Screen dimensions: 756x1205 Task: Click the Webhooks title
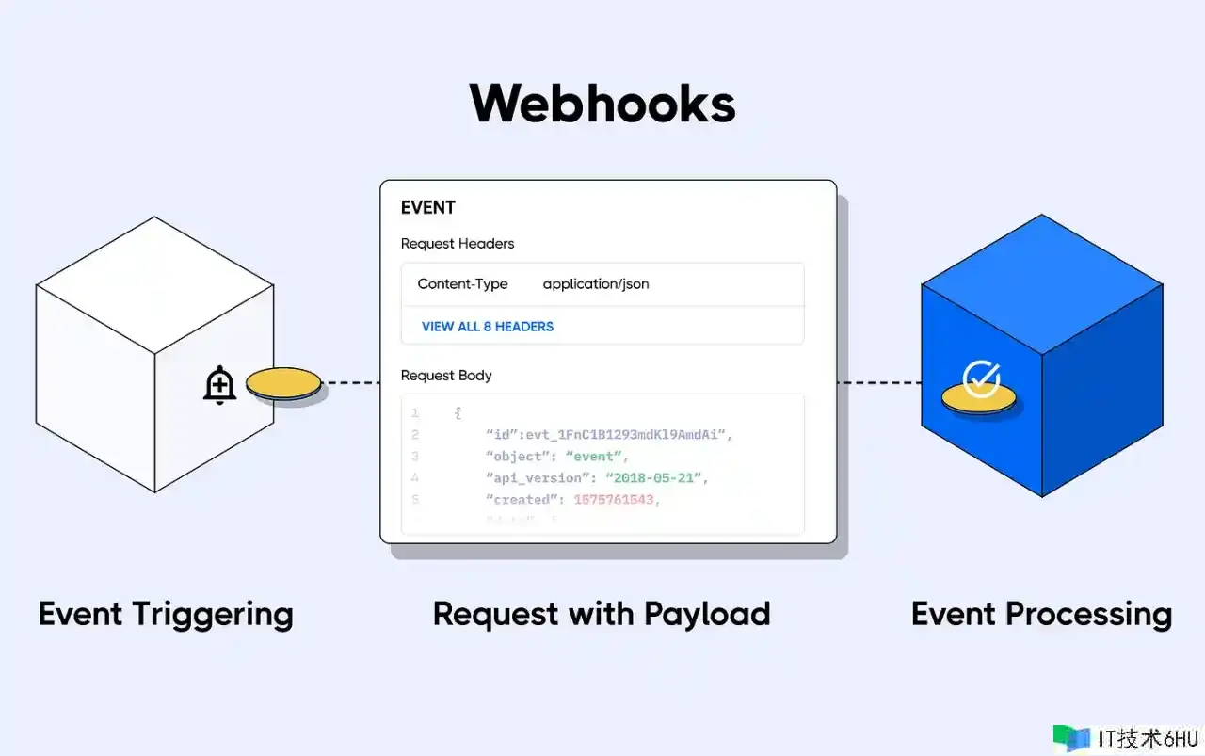pyautogui.click(x=602, y=104)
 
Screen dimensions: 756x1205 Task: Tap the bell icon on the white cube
pyautogui.click(x=219, y=385)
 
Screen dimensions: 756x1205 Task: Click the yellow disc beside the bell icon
pyautogui.click(x=283, y=384)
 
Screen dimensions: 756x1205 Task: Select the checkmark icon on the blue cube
pyautogui.click(x=981, y=378)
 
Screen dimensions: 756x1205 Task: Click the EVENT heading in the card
pyautogui.click(x=427, y=208)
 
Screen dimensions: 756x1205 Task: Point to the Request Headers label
pyautogui.click(x=458, y=244)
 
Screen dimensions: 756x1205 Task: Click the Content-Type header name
pyautogui.click(x=462, y=284)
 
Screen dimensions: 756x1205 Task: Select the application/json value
pyautogui.click(x=596, y=284)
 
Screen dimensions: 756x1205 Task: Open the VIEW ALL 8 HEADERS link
pyautogui.click(x=488, y=327)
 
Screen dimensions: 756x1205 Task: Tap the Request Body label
pyautogui.click(x=446, y=376)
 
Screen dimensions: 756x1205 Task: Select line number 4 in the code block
pyautogui.click(x=415, y=478)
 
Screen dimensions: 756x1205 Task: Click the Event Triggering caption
pyautogui.click(x=166, y=614)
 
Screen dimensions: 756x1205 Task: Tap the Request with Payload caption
pyautogui.click(x=602, y=614)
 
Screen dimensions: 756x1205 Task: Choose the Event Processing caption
pyautogui.click(x=1041, y=614)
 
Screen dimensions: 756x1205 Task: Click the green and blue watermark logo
pyautogui.click(x=1071, y=737)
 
